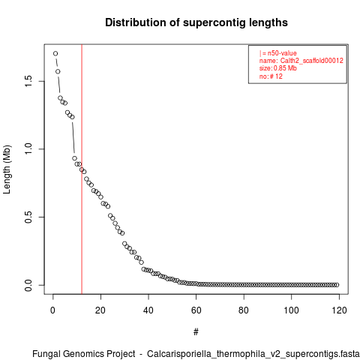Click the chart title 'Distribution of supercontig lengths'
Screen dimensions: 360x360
(196, 22)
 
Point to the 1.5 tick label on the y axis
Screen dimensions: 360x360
(28, 81)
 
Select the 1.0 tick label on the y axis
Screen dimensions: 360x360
(28, 149)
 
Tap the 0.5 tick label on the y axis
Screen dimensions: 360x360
(28, 217)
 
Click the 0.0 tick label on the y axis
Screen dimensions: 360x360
(28, 285)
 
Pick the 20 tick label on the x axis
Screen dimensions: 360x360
(100, 310)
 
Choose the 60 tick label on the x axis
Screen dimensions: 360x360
(196, 310)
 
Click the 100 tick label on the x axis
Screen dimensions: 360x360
(291, 310)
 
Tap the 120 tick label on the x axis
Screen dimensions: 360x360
(339, 310)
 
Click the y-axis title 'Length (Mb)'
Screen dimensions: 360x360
(7, 169)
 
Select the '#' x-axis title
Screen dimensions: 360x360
(196, 332)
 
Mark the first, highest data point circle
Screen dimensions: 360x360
(55, 53)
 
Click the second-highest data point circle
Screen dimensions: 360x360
(58, 71)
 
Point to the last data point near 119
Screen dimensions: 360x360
(337, 285)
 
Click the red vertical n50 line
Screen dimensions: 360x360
(82, 169)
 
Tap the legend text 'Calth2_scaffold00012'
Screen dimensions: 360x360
(311, 61)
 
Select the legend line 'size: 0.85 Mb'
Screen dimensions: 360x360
(278, 68)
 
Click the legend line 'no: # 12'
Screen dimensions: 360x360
(271, 76)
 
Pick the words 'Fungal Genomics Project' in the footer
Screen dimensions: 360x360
(84, 354)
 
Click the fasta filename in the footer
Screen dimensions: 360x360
(253, 354)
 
